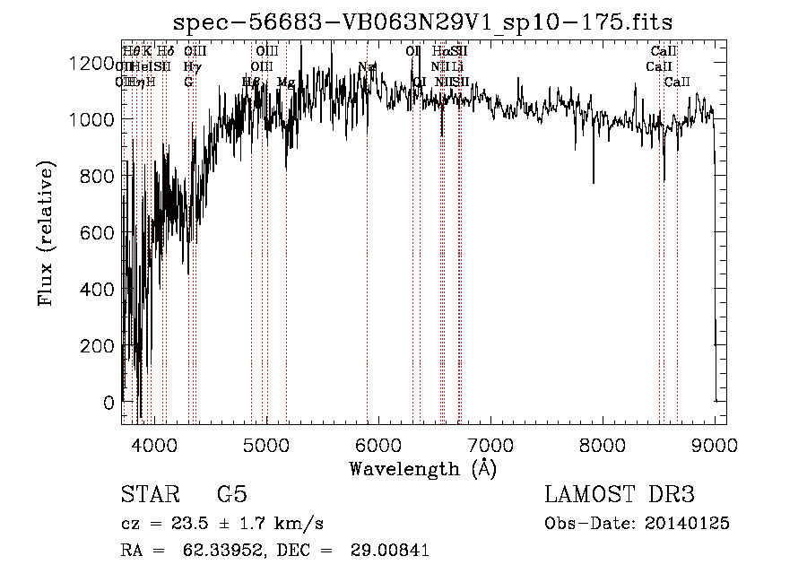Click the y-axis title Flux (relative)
click(x=47, y=234)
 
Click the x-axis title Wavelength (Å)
click(x=422, y=468)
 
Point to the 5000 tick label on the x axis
click(x=265, y=444)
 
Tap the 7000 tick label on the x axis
click(x=490, y=444)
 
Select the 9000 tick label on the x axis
click(x=715, y=444)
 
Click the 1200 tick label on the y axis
click(x=94, y=63)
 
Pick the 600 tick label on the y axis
click(x=100, y=233)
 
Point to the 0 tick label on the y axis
click(x=109, y=403)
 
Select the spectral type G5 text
click(x=231, y=495)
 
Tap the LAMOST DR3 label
click(x=619, y=495)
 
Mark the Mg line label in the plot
click(x=286, y=83)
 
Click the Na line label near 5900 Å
click(x=367, y=67)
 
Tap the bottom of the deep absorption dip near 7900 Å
click(x=593, y=182)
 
